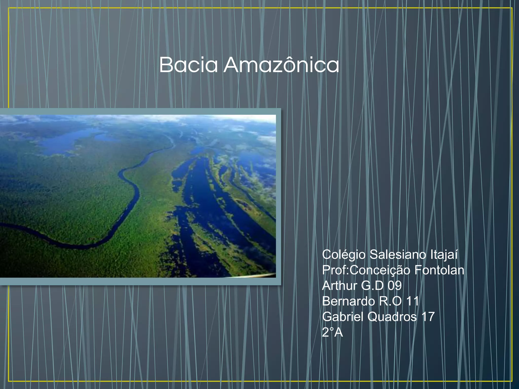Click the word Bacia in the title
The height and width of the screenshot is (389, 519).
[188, 65]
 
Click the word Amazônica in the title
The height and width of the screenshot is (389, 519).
[281, 65]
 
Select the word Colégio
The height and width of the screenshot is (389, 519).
[344, 255]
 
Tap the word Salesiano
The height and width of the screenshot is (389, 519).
[398, 255]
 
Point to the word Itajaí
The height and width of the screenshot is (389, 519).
[444, 255]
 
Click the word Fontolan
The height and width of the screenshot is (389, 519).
[439, 270]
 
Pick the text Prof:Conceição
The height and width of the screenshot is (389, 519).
[366, 270]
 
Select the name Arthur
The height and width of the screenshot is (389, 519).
[340, 286]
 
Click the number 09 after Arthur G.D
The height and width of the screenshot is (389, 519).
[395, 286]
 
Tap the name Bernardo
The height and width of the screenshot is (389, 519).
[348, 301]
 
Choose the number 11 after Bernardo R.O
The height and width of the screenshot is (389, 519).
[412, 301]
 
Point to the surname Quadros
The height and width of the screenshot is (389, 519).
[392, 317]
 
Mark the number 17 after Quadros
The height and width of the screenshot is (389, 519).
[428, 317]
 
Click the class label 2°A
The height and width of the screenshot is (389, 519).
[332, 333]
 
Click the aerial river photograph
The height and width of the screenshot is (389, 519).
[138, 196]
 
